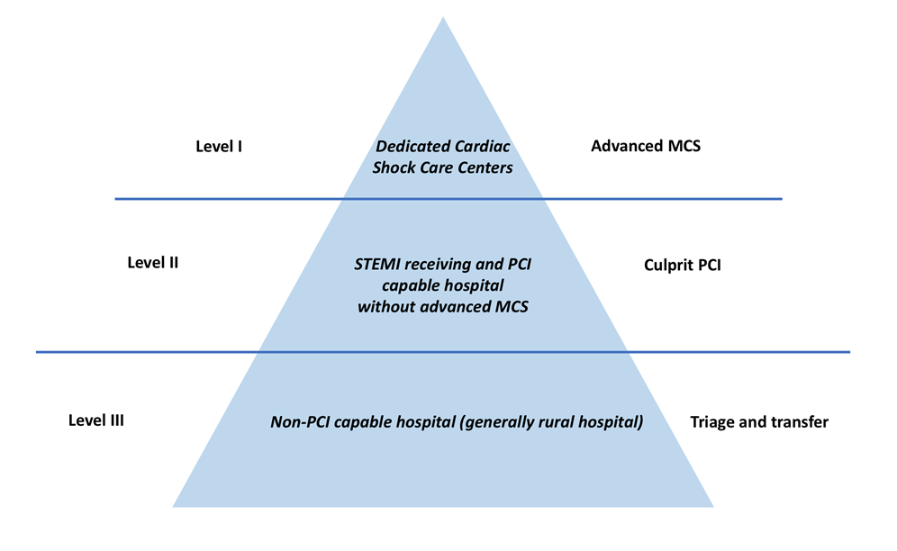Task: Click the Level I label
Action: (x=219, y=145)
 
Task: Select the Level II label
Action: (x=153, y=263)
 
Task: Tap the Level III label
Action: (x=96, y=420)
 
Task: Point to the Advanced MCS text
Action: (x=646, y=145)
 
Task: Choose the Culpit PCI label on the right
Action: (x=683, y=266)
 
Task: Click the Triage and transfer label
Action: (x=759, y=421)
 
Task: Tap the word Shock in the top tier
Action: (x=394, y=167)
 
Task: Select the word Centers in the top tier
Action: (x=485, y=167)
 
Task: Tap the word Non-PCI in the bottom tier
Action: (x=300, y=421)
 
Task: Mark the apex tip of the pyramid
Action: (x=443, y=18)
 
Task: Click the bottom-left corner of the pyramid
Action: (x=173, y=507)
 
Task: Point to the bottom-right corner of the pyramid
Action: (x=713, y=507)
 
